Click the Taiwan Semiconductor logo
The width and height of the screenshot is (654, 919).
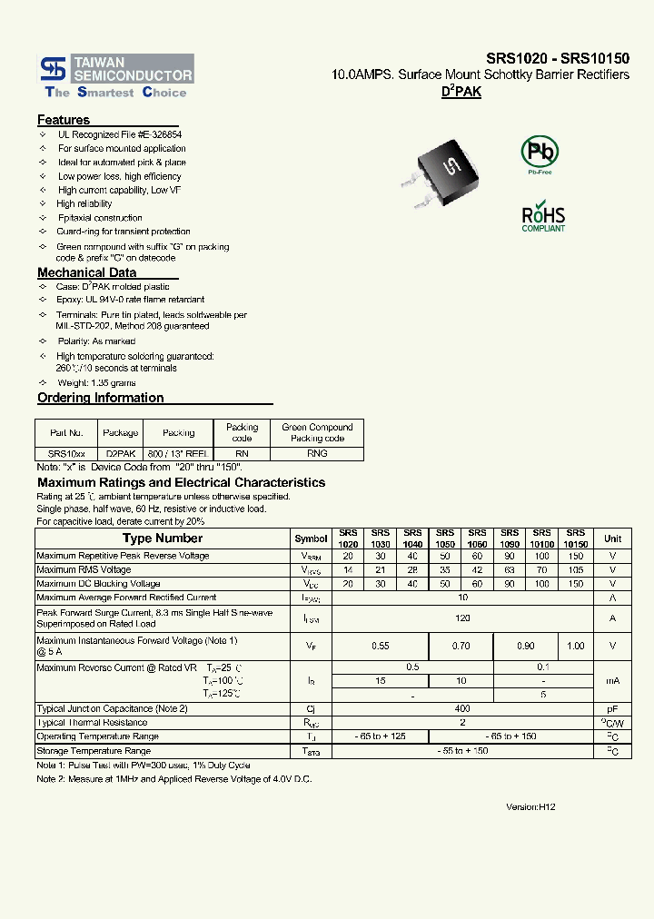coord(114,77)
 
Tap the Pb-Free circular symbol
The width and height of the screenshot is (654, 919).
coord(540,152)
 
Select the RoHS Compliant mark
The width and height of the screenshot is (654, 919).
coord(543,217)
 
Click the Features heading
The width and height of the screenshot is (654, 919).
coord(64,120)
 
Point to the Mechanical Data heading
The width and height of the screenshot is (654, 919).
coord(87,272)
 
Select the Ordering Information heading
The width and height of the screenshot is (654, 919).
coord(101,398)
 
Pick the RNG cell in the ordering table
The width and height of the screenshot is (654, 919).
coord(317,452)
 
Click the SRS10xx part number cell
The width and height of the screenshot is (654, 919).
coord(66,452)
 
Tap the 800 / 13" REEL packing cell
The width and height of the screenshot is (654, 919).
coord(178,452)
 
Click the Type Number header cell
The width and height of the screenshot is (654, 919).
coord(163,539)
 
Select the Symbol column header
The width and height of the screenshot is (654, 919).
coord(312,539)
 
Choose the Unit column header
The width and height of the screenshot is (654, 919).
coord(613,539)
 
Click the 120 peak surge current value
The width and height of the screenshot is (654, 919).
coord(463,618)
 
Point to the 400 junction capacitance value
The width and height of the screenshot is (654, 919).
coord(463,708)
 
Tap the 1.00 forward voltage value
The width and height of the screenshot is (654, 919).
coord(576,646)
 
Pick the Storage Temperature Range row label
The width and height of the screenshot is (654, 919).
coord(94,751)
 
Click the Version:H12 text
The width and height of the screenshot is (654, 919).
coord(530,806)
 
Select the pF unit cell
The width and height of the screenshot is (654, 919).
coord(613,708)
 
